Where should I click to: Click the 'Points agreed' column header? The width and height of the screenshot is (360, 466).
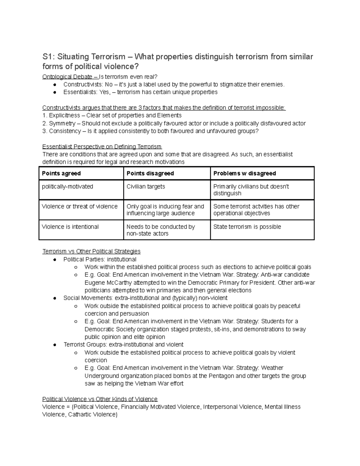coord(61,173)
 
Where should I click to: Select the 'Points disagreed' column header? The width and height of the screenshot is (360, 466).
coord(150,173)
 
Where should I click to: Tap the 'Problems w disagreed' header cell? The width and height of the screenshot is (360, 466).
coord(244,173)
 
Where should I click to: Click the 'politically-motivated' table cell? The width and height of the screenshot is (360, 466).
coord(67,187)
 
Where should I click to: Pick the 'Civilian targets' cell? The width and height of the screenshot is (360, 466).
coord(146,187)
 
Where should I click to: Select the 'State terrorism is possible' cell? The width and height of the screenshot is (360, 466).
coord(247,227)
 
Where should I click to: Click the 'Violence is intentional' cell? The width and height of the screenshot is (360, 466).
coord(70,227)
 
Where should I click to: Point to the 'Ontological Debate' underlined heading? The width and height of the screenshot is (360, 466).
coord(67,77)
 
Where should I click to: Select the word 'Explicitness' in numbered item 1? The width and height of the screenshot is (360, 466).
coord(64,116)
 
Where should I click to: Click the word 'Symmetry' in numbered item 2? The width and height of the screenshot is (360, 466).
coord(62,123)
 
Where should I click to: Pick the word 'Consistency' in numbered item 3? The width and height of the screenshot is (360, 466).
coord(65,131)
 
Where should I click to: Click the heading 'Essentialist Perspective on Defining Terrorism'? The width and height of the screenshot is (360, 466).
coord(102,147)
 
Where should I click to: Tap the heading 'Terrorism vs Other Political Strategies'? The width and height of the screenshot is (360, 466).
coord(91,251)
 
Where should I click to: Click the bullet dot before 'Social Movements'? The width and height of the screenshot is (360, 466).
coord(55,298)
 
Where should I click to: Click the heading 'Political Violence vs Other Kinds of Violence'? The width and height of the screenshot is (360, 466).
coord(100,399)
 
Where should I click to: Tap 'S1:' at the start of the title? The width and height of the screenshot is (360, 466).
coord(48,57)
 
